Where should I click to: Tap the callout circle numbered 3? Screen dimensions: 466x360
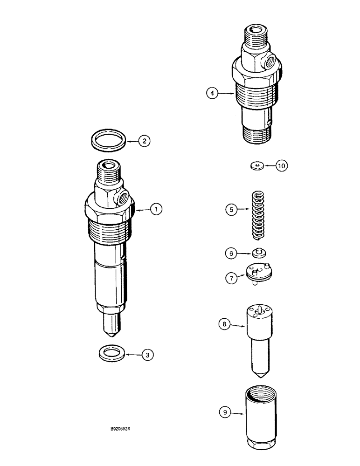[x=148, y=355]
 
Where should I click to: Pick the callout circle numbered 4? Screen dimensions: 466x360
[x=212, y=94]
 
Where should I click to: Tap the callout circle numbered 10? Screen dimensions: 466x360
[x=282, y=165]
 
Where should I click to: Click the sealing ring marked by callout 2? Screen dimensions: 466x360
[x=109, y=140]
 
